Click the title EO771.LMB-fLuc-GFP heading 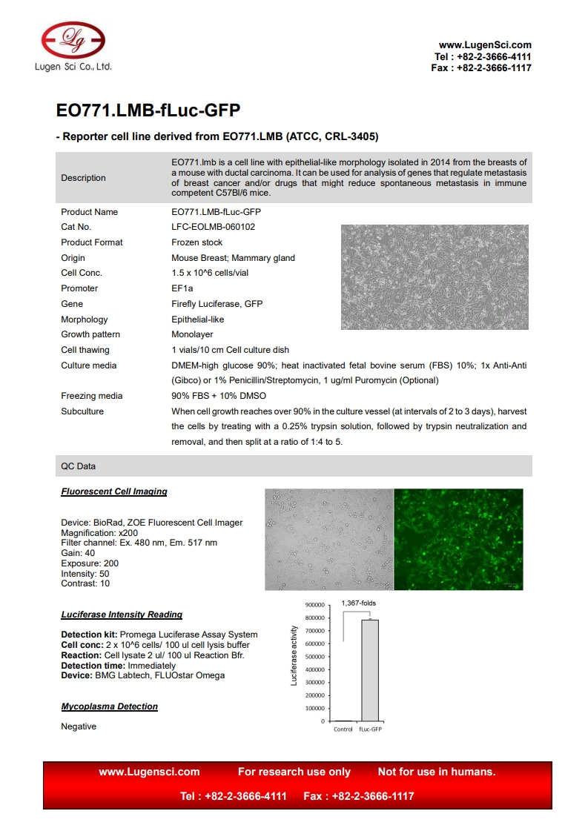point(148,110)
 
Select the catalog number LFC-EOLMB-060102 point(213,227)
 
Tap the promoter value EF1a point(182,288)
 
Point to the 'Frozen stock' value point(196,242)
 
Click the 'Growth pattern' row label point(90,334)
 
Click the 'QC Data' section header point(78,466)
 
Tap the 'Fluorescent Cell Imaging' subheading point(113,491)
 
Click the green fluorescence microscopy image point(457,539)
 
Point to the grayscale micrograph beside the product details point(435,277)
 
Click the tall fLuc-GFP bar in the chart point(369,669)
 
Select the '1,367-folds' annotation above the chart point(358,603)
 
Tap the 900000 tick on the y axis point(314,605)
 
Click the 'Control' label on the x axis point(343,729)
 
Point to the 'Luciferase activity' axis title point(294,655)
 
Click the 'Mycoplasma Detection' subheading point(109,706)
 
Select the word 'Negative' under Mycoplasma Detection point(79,726)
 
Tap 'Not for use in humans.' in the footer point(437,772)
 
